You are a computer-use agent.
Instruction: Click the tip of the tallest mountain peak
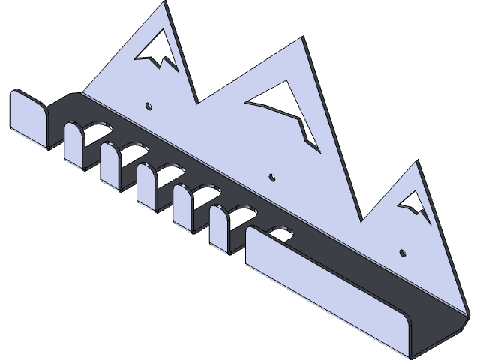165,4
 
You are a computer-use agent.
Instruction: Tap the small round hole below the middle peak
271,178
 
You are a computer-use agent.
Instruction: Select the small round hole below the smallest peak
403,252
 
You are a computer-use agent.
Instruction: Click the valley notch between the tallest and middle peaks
196,102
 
